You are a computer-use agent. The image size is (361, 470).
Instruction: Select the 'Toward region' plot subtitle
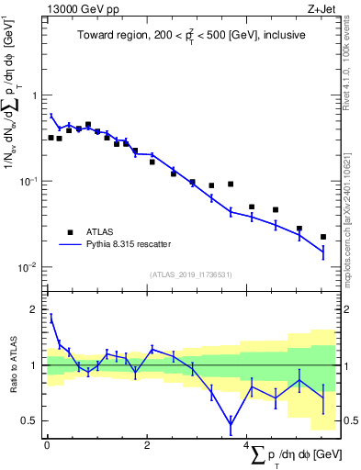pos(190,36)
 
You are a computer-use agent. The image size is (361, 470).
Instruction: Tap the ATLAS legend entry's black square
pos(69,231)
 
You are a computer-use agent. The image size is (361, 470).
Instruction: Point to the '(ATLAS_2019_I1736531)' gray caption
pos(190,274)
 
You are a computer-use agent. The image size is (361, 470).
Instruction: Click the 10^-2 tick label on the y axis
pos(29,268)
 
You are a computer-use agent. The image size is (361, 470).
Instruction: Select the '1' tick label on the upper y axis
pos(35,95)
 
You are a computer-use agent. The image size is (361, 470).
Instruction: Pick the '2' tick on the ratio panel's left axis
pos(35,309)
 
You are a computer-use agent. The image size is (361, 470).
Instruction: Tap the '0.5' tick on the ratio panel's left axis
pos(30,420)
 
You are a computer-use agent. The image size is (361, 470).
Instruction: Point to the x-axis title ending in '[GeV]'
pos(294,456)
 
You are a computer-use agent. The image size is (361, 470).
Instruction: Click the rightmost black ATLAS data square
pos(323,237)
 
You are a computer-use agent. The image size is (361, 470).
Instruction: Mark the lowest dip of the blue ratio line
pos(231,424)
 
